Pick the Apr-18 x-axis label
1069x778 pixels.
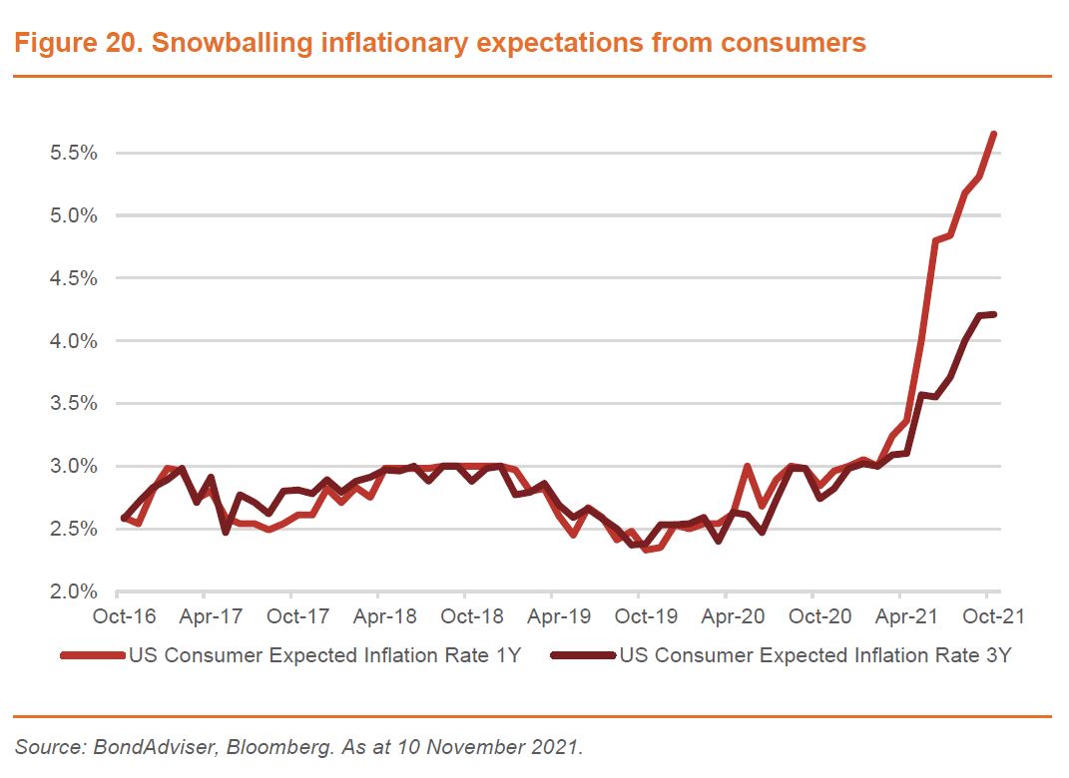click(383, 616)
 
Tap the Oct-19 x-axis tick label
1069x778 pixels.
click(645, 616)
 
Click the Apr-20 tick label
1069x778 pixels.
click(733, 616)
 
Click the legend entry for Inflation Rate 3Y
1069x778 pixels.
click(815, 655)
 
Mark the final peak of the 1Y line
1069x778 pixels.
click(993, 134)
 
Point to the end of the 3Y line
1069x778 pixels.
click(994, 314)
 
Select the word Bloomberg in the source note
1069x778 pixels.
click(241, 747)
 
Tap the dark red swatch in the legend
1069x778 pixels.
click(584, 655)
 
